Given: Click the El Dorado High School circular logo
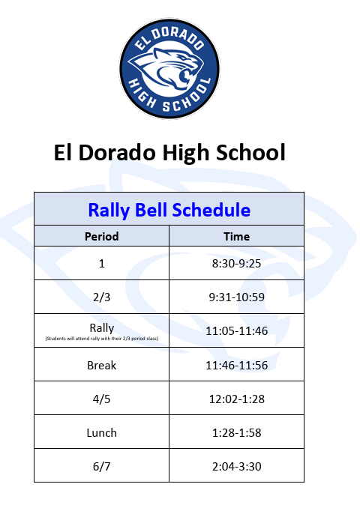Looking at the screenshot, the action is point(169,68).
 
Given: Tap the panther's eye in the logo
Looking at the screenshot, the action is point(184,58).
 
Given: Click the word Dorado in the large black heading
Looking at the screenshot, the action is point(117,152).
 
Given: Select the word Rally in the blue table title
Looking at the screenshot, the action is point(109,211).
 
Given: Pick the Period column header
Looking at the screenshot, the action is point(101,237).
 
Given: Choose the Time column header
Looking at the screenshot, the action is point(236,237).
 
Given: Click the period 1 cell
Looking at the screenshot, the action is point(102,264).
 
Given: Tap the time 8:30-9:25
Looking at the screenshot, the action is point(236,264).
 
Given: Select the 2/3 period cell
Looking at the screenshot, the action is point(101,297).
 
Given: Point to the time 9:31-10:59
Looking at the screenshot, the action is point(236,297).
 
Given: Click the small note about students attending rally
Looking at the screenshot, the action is point(101,339).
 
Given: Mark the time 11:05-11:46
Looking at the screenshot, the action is point(236,330).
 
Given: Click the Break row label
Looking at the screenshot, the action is point(101,366).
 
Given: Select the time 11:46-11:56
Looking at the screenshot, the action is point(236,366).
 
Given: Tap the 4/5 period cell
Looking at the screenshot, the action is point(101,399).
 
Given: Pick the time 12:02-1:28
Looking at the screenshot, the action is point(236,399).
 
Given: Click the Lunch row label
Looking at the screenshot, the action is point(101,433).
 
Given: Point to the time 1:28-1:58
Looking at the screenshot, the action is point(236,433).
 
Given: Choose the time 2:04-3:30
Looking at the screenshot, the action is point(236,467).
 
